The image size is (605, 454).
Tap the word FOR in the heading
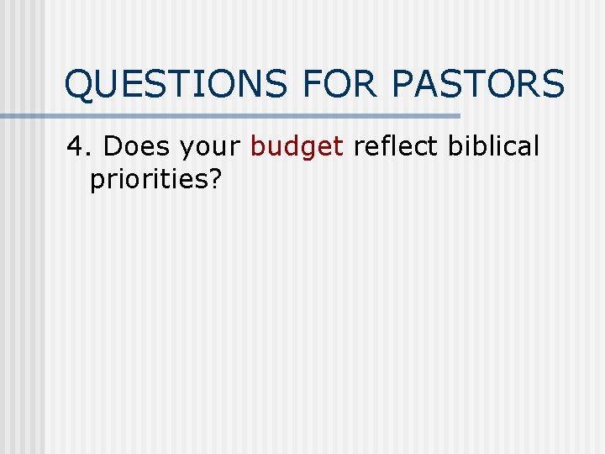336,85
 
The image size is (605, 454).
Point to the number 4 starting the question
76,146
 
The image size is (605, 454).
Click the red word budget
297,148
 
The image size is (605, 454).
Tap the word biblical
493,146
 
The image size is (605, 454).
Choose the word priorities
148,181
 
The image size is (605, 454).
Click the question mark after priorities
214,180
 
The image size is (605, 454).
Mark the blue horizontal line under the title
252,116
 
